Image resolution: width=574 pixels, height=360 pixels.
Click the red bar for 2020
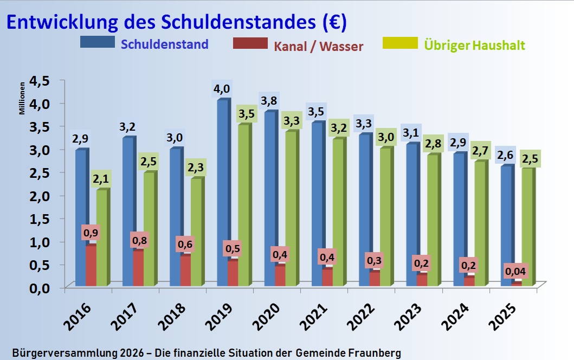280,275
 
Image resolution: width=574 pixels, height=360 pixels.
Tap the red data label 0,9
92,233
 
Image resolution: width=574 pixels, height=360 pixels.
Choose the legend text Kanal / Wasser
318,46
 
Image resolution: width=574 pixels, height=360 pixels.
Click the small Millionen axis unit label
22,98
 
